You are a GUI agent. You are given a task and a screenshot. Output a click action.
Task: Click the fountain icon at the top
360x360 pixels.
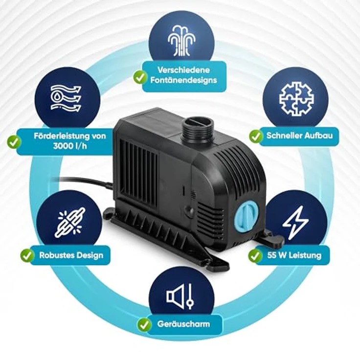click(181, 41)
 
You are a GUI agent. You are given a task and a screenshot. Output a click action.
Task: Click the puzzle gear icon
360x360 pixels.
click(296, 99)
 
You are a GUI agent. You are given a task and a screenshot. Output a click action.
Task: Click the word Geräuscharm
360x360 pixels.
click(183, 324)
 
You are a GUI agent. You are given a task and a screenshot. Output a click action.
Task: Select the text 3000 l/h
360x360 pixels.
click(70, 146)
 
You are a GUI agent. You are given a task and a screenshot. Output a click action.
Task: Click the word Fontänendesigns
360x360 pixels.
click(184, 80)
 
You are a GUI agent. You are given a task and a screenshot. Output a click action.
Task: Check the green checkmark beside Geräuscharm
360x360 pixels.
click(144, 324)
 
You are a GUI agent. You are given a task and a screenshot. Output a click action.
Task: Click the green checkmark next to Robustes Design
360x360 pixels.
click(27, 255)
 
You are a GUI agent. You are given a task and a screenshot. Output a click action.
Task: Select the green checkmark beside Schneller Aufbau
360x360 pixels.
click(255, 136)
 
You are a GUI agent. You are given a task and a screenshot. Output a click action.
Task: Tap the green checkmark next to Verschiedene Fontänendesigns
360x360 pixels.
click(140, 77)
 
